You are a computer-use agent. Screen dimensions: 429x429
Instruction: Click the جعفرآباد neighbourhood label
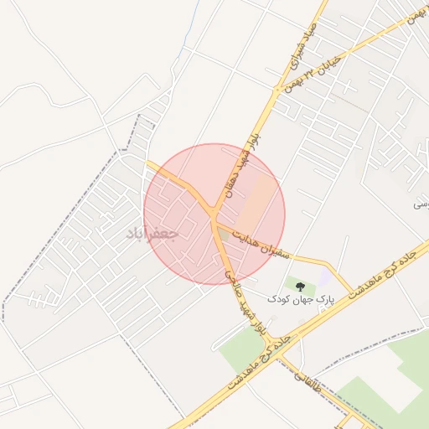pos(152,234)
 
